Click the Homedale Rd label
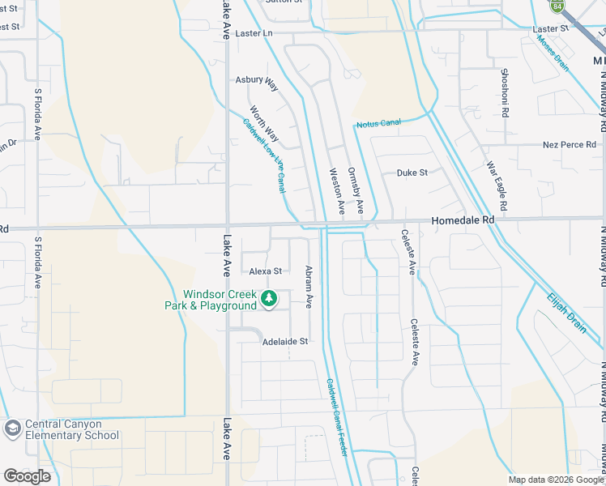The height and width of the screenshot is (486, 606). [463, 220]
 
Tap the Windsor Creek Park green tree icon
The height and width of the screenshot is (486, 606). [268, 301]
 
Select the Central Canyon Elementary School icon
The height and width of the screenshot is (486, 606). [12, 428]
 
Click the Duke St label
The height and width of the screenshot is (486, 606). [412, 173]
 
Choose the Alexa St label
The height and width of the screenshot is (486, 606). [265, 271]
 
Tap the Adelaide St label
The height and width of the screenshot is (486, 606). [285, 342]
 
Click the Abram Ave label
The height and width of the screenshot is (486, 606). [309, 288]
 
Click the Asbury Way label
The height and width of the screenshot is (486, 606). [256, 81]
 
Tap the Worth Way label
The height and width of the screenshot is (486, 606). [264, 124]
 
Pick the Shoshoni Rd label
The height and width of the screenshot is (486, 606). [504, 92]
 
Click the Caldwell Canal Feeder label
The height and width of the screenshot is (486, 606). [337, 416]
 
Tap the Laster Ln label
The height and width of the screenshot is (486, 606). [254, 33]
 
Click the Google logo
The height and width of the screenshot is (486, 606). [27, 476]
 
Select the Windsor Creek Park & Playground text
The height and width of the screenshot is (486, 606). [220, 300]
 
